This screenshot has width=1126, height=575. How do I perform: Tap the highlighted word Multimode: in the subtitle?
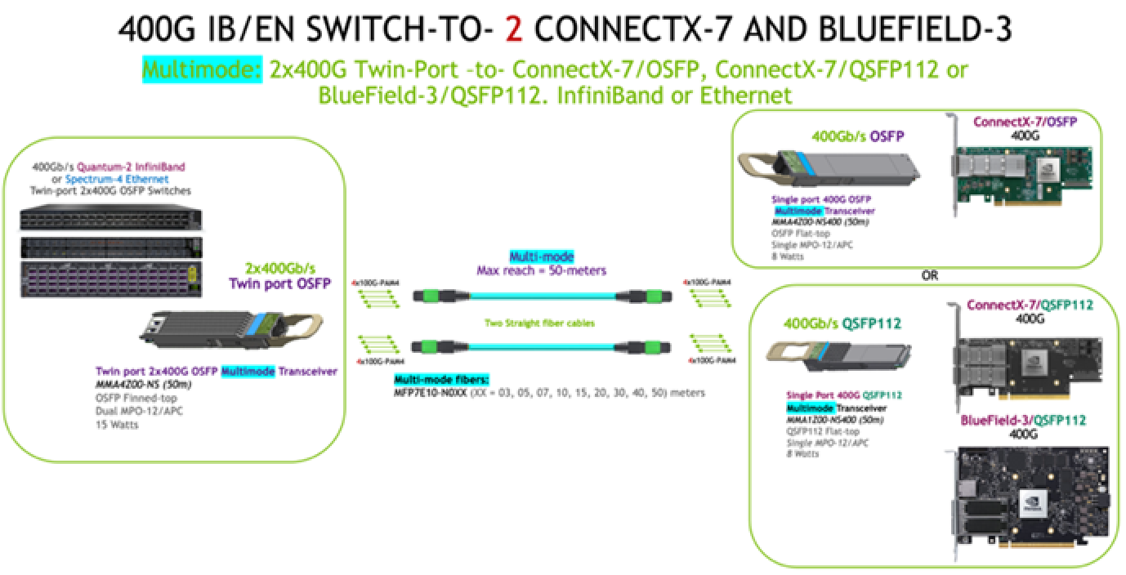click(x=201, y=69)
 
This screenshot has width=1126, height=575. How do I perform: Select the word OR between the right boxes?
click(x=929, y=275)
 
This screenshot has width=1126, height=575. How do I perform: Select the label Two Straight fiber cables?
click(x=540, y=323)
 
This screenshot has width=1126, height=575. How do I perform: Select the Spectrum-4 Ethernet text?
click(x=118, y=178)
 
